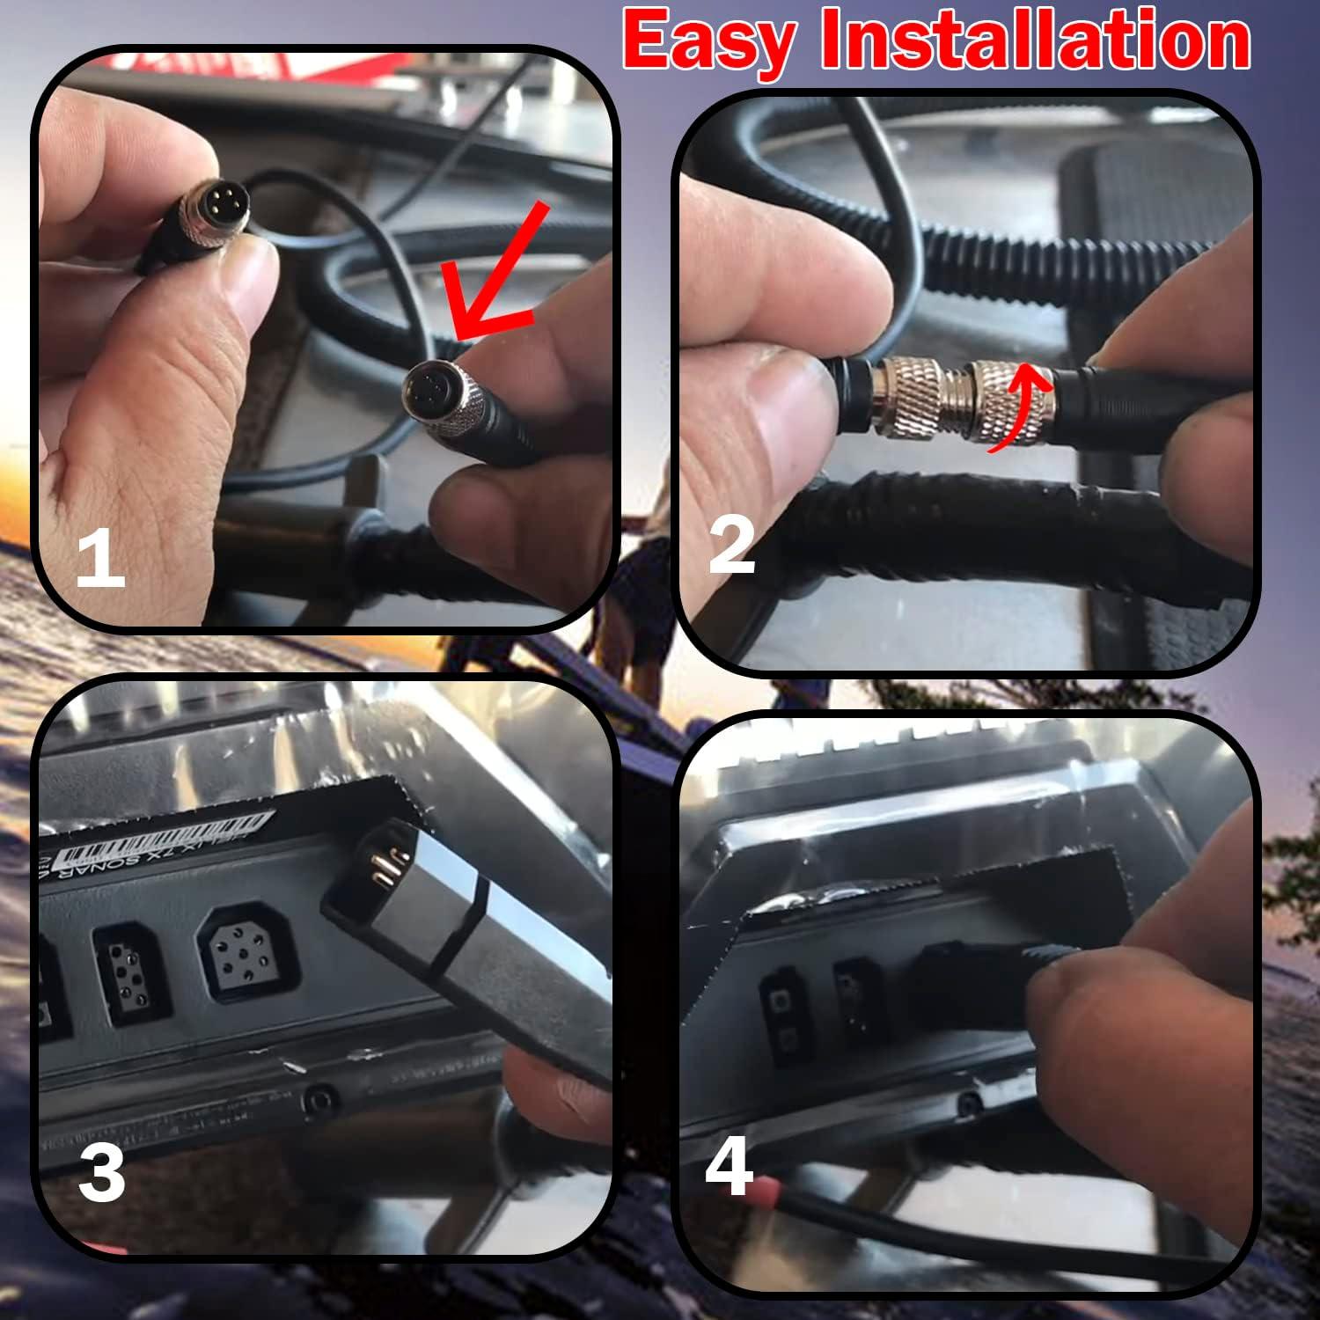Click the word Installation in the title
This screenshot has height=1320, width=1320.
[x=1035, y=42]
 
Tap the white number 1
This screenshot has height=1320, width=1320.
[x=99, y=561]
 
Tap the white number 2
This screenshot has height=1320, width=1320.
[x=732, y=546]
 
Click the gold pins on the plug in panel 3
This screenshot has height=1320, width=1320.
[x=382, y=867]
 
